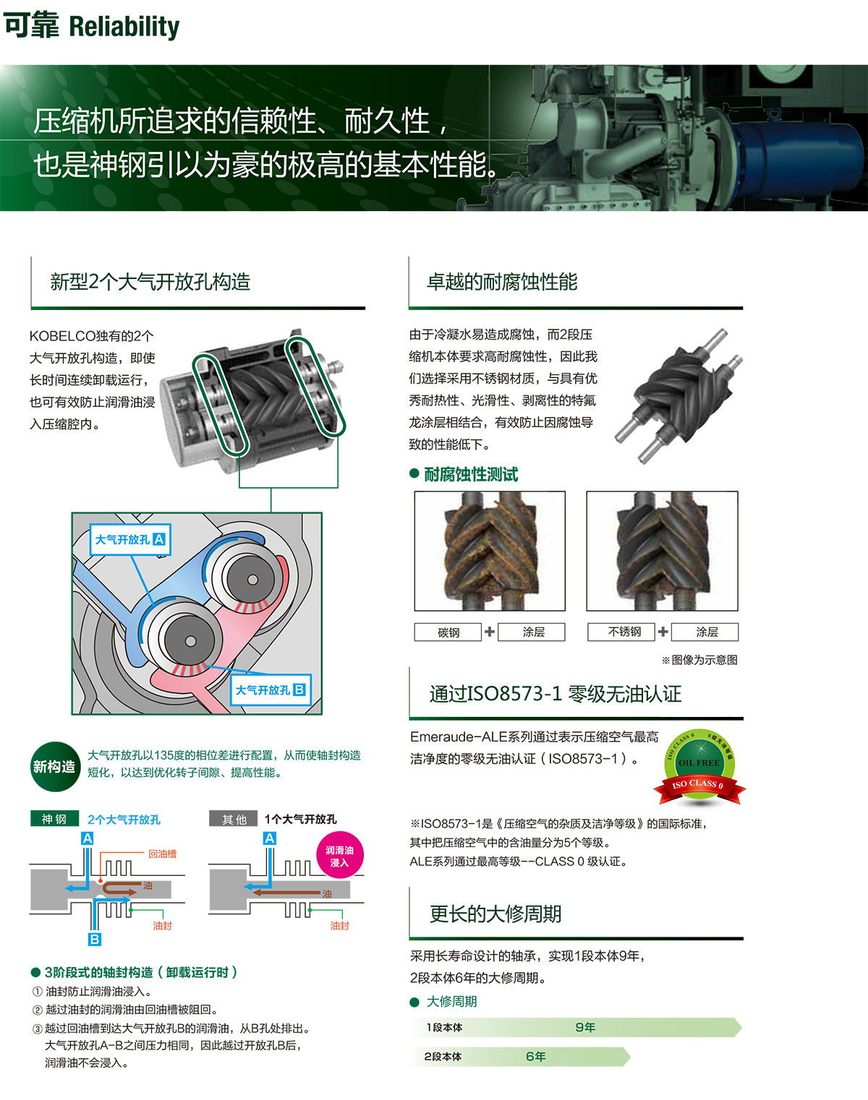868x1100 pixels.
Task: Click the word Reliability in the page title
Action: pyautogui.click(x=124, y=27)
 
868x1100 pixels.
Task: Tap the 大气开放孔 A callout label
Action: pyautogui.click(x=130, y=539)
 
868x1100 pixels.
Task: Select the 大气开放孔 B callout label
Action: pyautogui.click(x=271, y=690)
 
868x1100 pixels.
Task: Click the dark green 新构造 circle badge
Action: pyautogui.click(x=55, y=767)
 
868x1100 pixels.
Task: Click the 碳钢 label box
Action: pyautogui.click(x=448, y=632)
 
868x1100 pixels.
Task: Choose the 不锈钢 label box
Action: pyautogui.click(x=621, y=632)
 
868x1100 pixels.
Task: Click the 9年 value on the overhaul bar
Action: pyautogui.click(x=585, y=1028)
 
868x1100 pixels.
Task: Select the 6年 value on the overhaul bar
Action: pyautogui.click(x=535, y=1057)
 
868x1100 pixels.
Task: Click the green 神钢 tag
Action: pyautogui.click(x=55, y=819)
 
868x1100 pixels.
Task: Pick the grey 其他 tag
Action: pyautogui.click(x=233, y=819)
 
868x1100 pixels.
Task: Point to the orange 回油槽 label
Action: pyautogui.click(x=163, y=854)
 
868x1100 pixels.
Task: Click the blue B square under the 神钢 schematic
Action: pyautogui.click(x=95, y=940)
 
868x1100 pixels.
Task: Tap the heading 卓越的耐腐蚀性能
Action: pyautogui.click(x=502, y=282)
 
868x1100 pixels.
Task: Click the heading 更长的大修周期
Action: pyautogui.click(x=495, y=914)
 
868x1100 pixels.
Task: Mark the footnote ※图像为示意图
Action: pyautogui.click(x=699, y=660)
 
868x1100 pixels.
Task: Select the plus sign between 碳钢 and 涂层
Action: pyautogui.click(x=490, y=632)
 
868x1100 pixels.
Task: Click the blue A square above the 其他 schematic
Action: pyautogui.click(x=270, y=838)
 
